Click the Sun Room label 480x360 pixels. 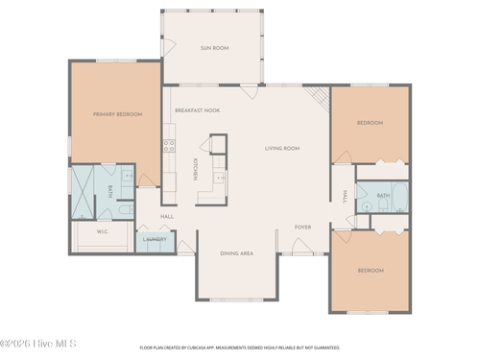[213, 47]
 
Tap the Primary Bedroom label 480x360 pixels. [117, 114]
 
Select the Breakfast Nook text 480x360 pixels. [197, 110]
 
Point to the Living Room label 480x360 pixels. [282, 149]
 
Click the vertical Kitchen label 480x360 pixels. [196, 169]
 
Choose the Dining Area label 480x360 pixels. [236, 253]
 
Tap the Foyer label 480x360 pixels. [302, 228]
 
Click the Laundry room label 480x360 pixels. [155, 239]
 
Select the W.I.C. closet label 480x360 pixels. [103, 231]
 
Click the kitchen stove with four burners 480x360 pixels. [169, 147]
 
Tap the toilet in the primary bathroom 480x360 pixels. [124, 206]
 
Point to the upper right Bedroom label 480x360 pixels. [370, 123]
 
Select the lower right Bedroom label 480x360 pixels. [370, 271]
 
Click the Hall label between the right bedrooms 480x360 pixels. [343, 196]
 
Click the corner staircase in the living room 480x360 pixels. [318, 98]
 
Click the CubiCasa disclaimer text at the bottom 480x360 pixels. [239, 348]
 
